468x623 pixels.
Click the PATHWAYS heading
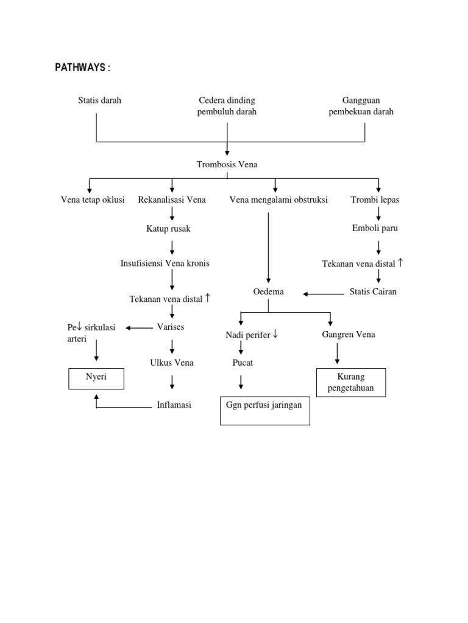click(x=83, y=68)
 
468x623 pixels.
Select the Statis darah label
click(x=99, y=100)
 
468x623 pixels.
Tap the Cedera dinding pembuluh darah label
click(x=227, y=106)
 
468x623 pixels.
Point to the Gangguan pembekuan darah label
click(x=361, y=106)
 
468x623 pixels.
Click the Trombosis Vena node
click(x=227, y=164)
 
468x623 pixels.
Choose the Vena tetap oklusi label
click(x=93, y=200)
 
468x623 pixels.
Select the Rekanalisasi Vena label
click(x=172, y=200)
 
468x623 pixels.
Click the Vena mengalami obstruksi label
click(x=278, y=200)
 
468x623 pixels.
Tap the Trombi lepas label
click(x=375, y=200)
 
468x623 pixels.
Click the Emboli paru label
click(x=375, y=228)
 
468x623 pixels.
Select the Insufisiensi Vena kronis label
click(x=165, y=263)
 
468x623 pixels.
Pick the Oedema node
click(x=269, y=292)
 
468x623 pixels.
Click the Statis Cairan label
click(x=373, y=291)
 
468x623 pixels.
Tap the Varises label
click(x=171, y=327)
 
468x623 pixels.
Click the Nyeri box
click(x=96, y=378)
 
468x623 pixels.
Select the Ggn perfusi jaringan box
click(x=264, y=410)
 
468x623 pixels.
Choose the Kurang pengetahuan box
click(x=350, y=383)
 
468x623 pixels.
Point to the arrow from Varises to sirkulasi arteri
click(x=140, y=328)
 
